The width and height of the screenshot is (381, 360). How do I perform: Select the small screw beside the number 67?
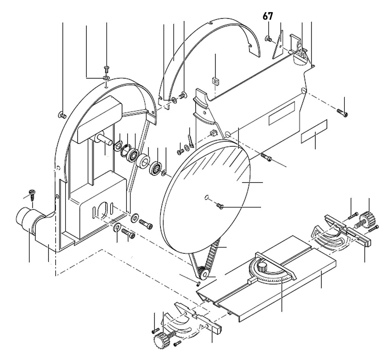(x=268, y=38)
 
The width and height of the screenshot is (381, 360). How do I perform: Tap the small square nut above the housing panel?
(x=215, y=80)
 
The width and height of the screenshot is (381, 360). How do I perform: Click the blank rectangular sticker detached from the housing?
(x=314, y=131)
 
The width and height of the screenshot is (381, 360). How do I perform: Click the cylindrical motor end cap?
(x=24, y=219)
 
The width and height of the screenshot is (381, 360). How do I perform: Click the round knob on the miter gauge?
(x=262, y=266)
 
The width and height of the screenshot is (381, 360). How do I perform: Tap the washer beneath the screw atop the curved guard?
(x=106, y=78)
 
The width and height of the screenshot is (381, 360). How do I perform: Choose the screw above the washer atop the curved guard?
(x=106, y=69)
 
